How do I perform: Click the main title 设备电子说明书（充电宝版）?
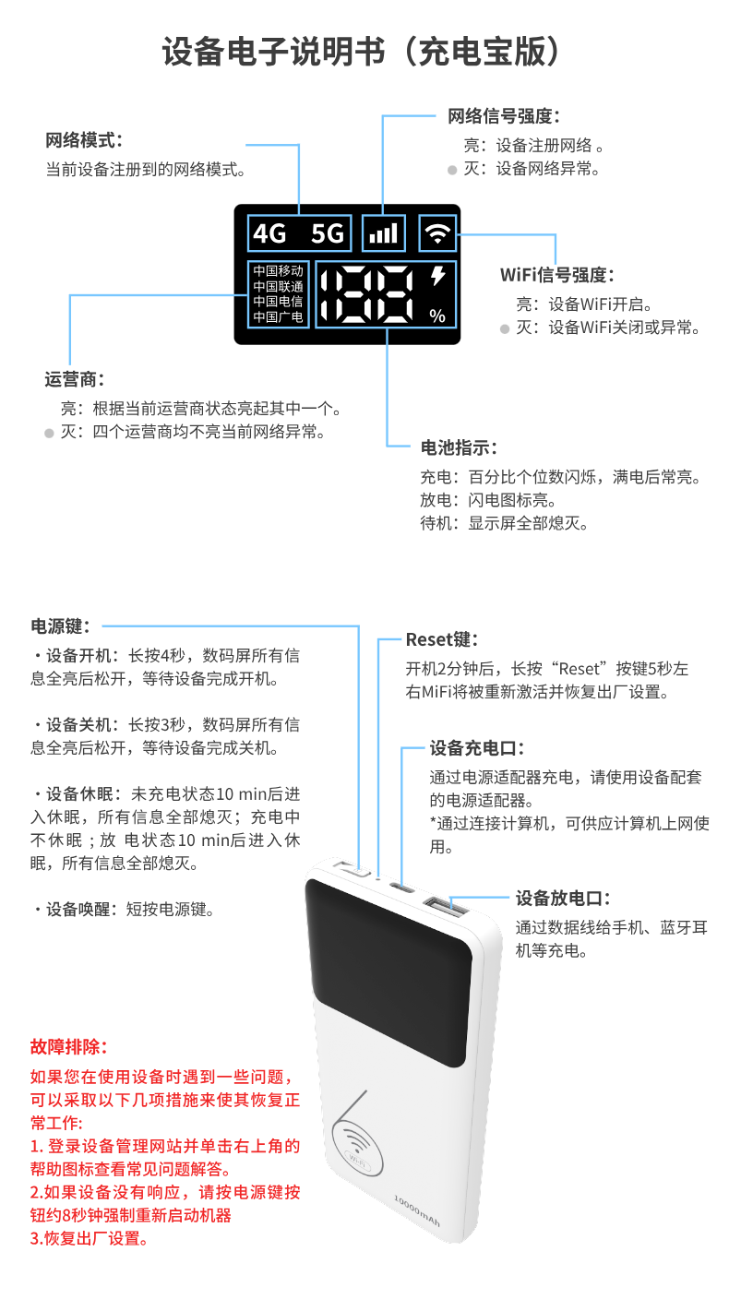(x=364, y=53)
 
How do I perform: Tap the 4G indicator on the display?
(x=270, y=233)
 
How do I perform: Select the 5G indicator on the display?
(x=327, y=233)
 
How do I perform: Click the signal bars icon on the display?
(x=383, y=233)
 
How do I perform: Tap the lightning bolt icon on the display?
(x=437, y=276)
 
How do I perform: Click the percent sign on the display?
(x=437, y=316)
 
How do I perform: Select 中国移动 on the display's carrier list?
(x=278, y=271)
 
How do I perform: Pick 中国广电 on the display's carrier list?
(x=278, y=317)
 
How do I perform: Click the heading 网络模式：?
(x=84, y=141)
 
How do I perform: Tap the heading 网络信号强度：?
(x=504, y=116)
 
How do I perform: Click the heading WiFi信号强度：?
(x=556, y=275)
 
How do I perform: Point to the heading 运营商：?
(x=75, y=379)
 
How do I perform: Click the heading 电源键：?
(x=61, y=627)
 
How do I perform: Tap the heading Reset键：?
(x=442, y=639)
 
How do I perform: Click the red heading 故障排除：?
(x=69, y=1048)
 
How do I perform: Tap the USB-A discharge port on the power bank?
(x=446, y=906)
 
